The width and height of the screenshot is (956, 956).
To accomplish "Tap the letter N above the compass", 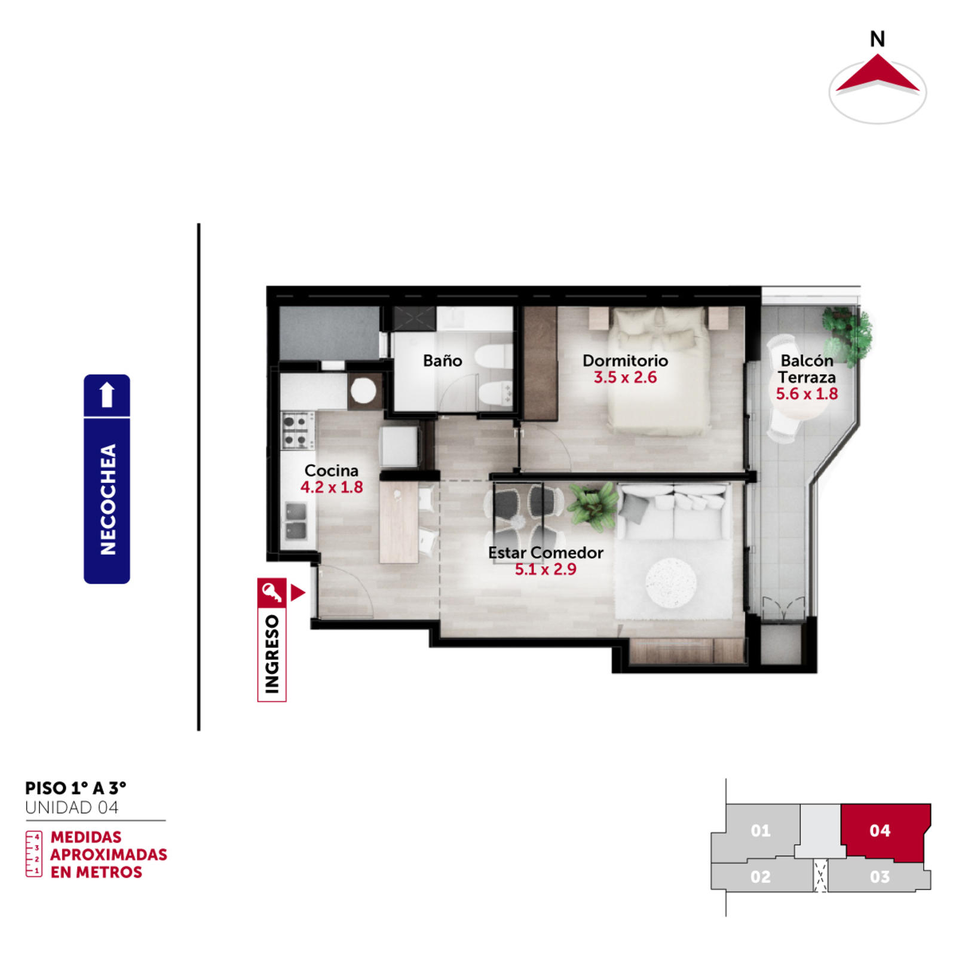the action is pyautogui.click(x=877, y=39).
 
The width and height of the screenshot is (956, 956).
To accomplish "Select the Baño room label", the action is pyautogui.click(x=442, y=360).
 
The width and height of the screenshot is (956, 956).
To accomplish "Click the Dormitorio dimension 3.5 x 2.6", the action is pyautogui.click(x=625, y=378).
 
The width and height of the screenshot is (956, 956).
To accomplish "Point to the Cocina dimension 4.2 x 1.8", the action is pyautogui.click(x=332, y=487).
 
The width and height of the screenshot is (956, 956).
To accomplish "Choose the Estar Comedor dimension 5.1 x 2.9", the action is pyautogui.click(x=546, y=569).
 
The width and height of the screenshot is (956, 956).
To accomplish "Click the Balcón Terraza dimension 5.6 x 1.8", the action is pyautogui.click(x=807, y=394).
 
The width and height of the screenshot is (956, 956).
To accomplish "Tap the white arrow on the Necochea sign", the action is pyautogui.click(x=107, y=394).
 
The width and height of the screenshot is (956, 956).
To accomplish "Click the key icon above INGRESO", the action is pyautogui.click(x=272, y=593).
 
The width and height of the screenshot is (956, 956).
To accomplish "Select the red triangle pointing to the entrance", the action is pyautogui.click(x=298, y=593).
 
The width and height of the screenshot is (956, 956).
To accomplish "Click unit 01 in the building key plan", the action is pyautogui.click(x=760, y=831).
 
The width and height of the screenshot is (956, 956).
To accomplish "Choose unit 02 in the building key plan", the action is pyautogui.click(x=761, y=877).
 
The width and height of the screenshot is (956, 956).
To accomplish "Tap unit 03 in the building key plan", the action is pyautogui.click(x=880, y=877).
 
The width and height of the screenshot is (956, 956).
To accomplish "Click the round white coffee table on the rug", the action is pyautogui.click(x=670, y=583).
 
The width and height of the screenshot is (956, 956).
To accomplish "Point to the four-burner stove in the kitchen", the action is pyautogui.click(x=298, y=430).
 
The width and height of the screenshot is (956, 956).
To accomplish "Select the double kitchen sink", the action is pyautogui.click(x=296, y=522).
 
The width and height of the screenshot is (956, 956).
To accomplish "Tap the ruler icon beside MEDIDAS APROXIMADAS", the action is pyautogui.click(x=34, y=854).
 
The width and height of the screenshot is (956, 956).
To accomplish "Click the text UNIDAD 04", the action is pyautogui.click(x=72, y=808).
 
